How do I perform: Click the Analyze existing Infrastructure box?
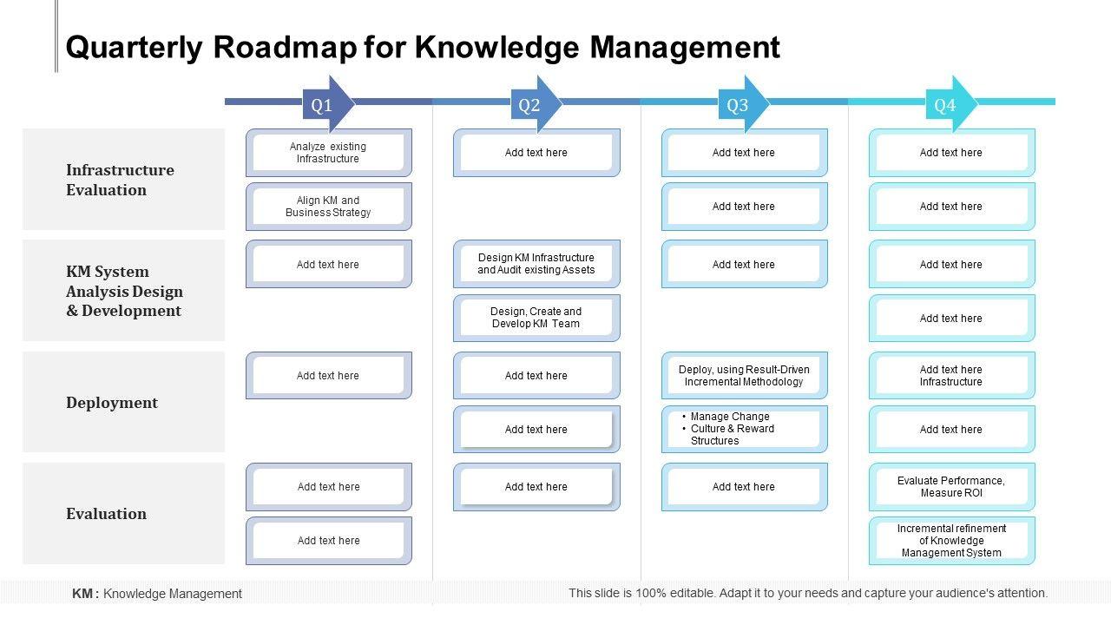click(328, 153)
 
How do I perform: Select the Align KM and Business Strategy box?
click(328, 207)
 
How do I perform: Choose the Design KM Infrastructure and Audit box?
click(536, 264)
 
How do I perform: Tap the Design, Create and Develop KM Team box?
click(536, 318)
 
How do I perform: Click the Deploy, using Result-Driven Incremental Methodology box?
click(744, 376)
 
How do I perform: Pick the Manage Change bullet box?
click(744, 429)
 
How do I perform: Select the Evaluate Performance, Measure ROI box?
click(951, 487)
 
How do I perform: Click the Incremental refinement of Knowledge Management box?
click(951, 541)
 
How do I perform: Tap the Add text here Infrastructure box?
click(951, 376)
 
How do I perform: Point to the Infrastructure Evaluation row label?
click(120, 180)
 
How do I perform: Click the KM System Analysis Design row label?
click(124, 291)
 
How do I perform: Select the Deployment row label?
click(112, 403)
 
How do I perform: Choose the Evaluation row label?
click(106, 514)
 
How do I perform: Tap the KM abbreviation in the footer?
click(82, 594)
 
